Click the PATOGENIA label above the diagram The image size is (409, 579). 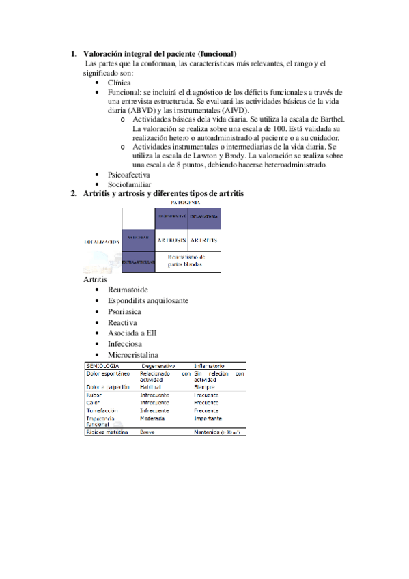[x=185, y=203]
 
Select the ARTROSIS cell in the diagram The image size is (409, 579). [x=171, y=240]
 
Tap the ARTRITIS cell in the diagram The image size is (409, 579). [x=204, y=240]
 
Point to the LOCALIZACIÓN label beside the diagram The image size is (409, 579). [x=101, y=242]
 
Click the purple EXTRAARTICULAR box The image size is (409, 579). [x=138, y=262]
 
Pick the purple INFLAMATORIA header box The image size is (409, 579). [x=204, y=218]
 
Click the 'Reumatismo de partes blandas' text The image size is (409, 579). [x=186, y=261]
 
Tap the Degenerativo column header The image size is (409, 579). [x=158, y=366]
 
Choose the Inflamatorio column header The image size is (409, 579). [x=209, y=366]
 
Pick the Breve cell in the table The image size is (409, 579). [x=147, y=432]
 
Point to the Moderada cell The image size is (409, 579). [x=153, y=418]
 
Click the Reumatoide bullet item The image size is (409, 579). [x=128, y=289]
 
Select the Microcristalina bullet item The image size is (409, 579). [x=133, y=355]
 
